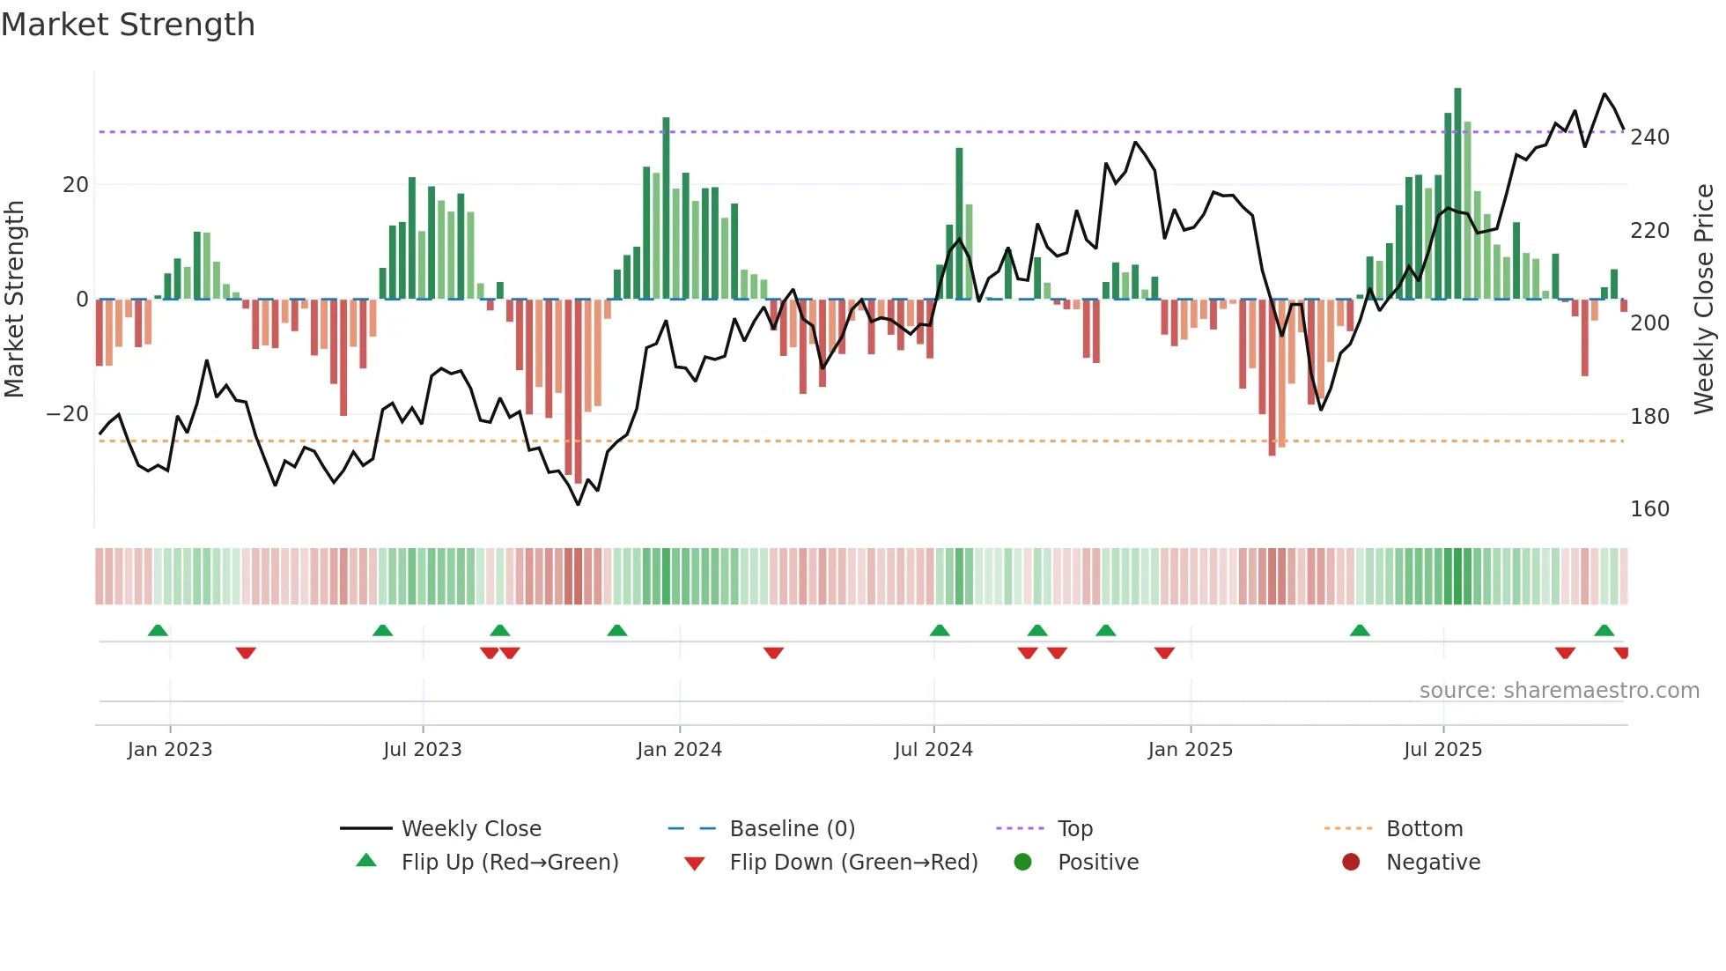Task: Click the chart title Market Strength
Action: coord(128,25)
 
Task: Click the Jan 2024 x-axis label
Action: coord(679,750)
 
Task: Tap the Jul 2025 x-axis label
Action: coord(1442,750)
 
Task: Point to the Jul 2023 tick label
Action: coord(422,750)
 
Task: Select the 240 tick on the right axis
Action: coord(1649,137)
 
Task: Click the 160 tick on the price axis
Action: coord(1649,509)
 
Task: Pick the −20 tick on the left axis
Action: coord(67,414)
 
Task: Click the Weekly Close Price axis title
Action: coord(1704,300)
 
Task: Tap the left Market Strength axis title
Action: coord(14,300)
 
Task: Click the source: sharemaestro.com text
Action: coord(1559,691)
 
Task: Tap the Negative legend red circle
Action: coord(1350,863)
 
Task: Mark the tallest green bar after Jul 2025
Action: coord(1457,194)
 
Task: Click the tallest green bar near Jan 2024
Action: coord(666,208)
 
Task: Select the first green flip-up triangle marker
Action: coord(158,631)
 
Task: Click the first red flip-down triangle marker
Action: coord(246,653)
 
